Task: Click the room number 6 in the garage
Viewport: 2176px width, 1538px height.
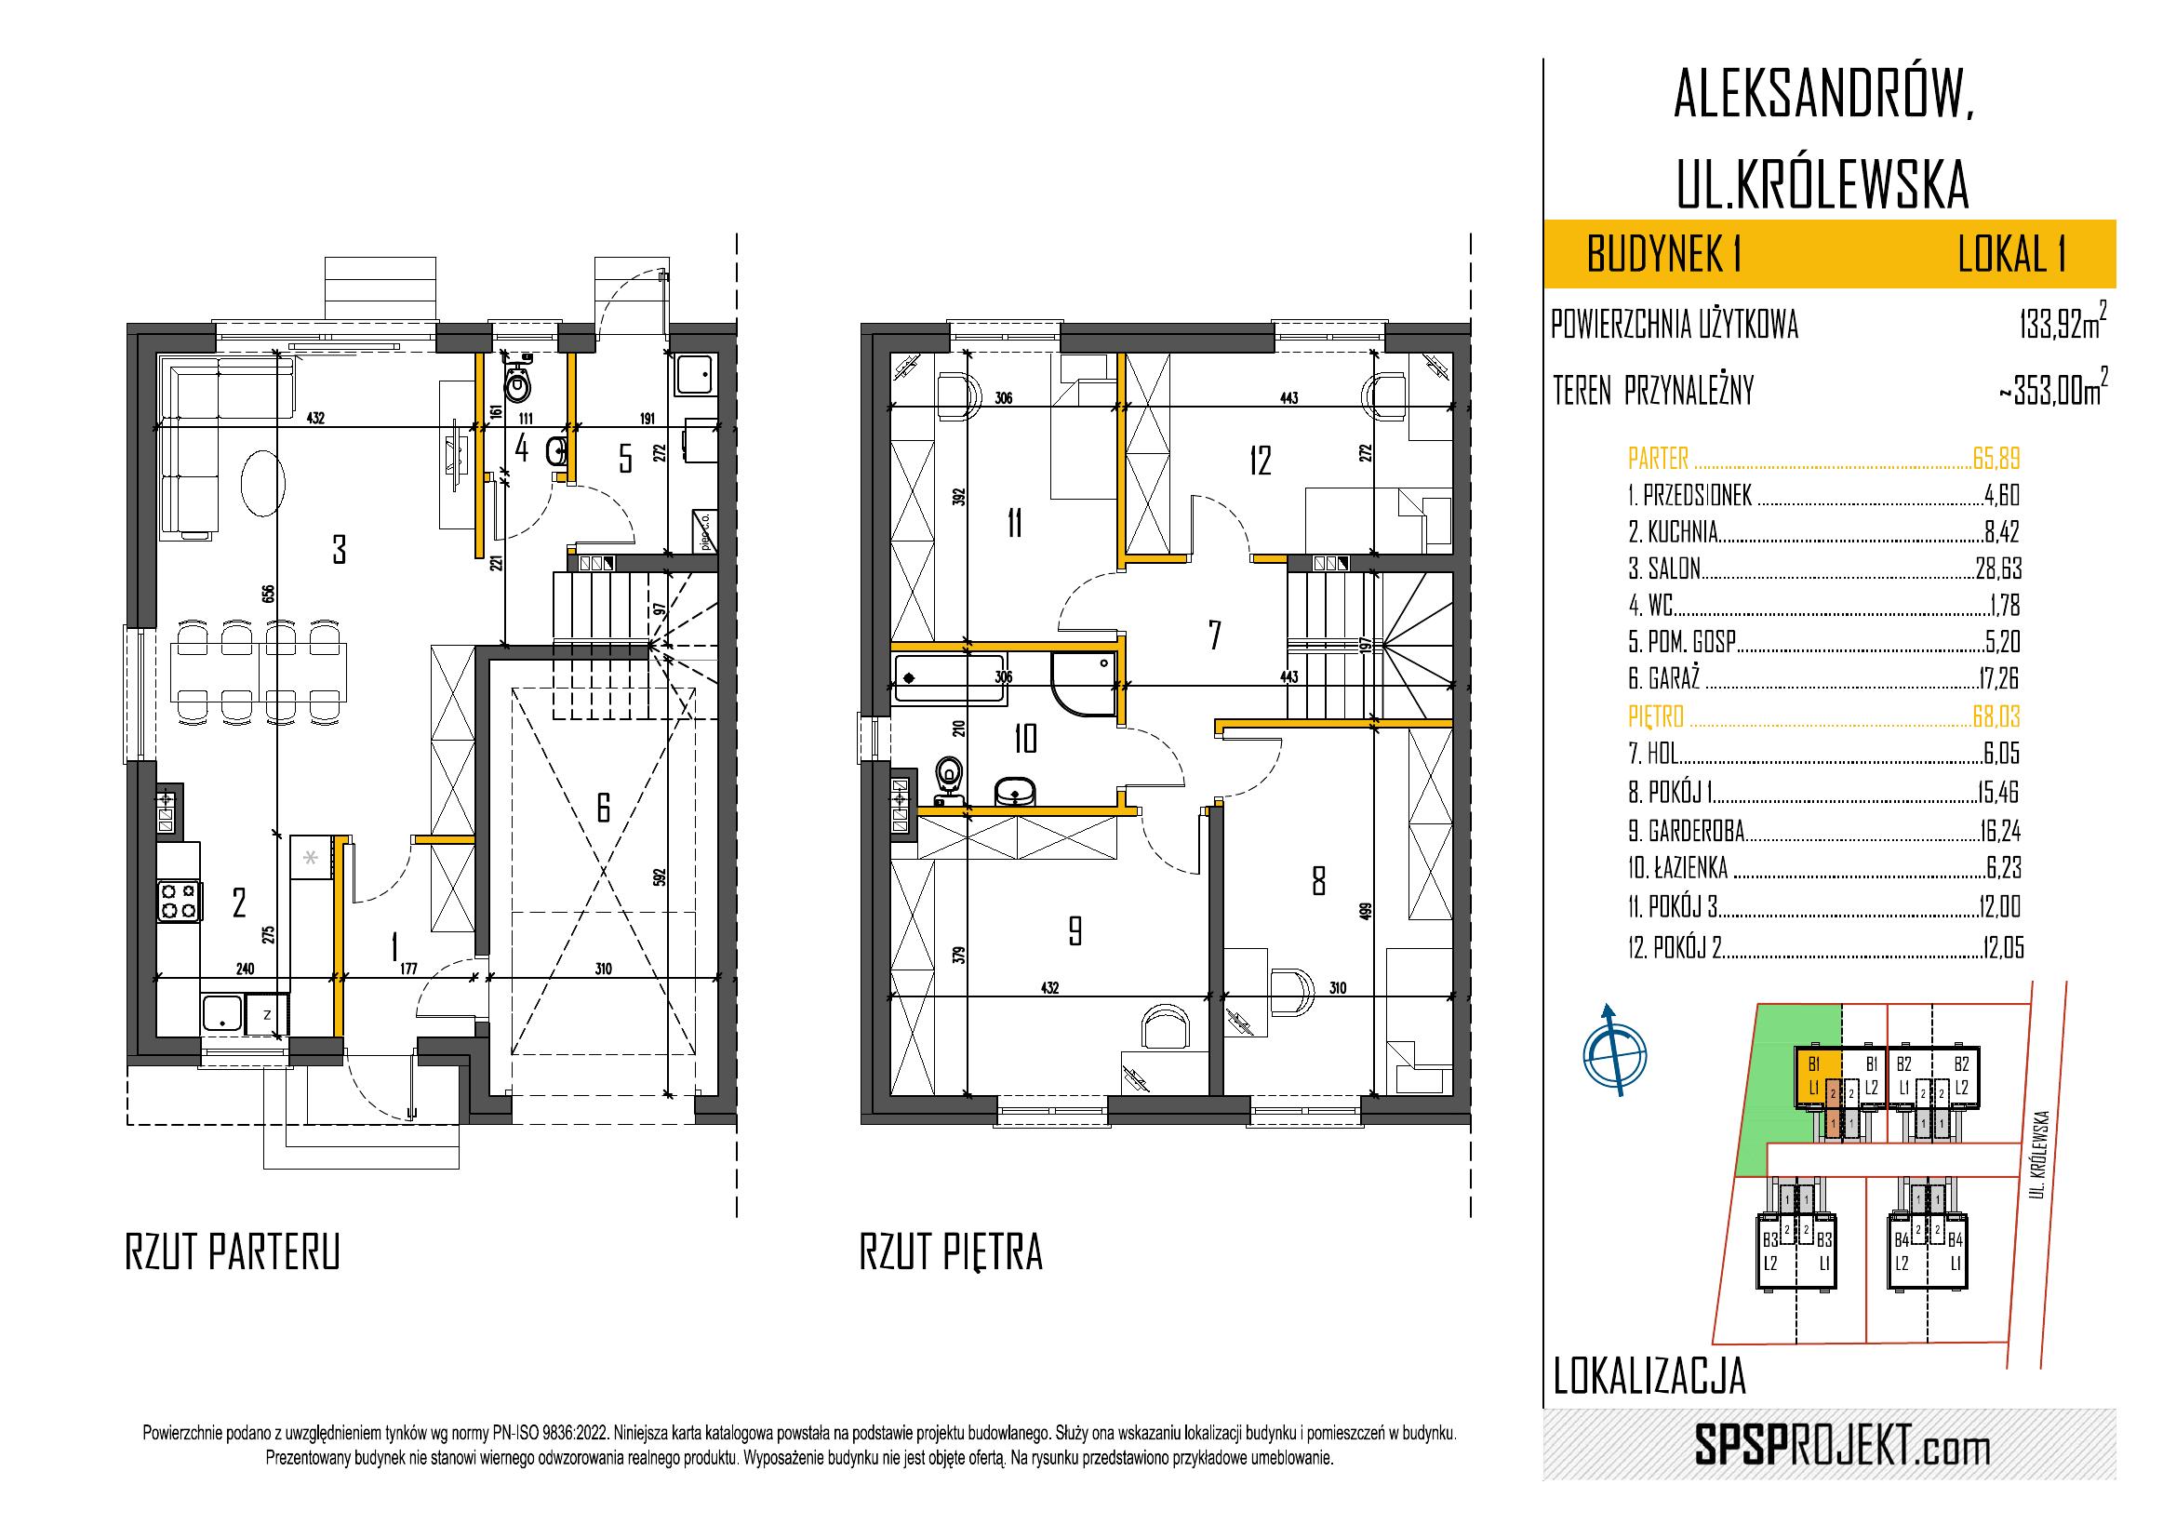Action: coord(603,807)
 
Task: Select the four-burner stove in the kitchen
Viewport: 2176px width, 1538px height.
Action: coord(180,901)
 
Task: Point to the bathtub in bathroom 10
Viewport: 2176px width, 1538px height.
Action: coord(949,679)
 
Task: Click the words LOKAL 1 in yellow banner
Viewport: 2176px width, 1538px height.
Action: coord(2012,255)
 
